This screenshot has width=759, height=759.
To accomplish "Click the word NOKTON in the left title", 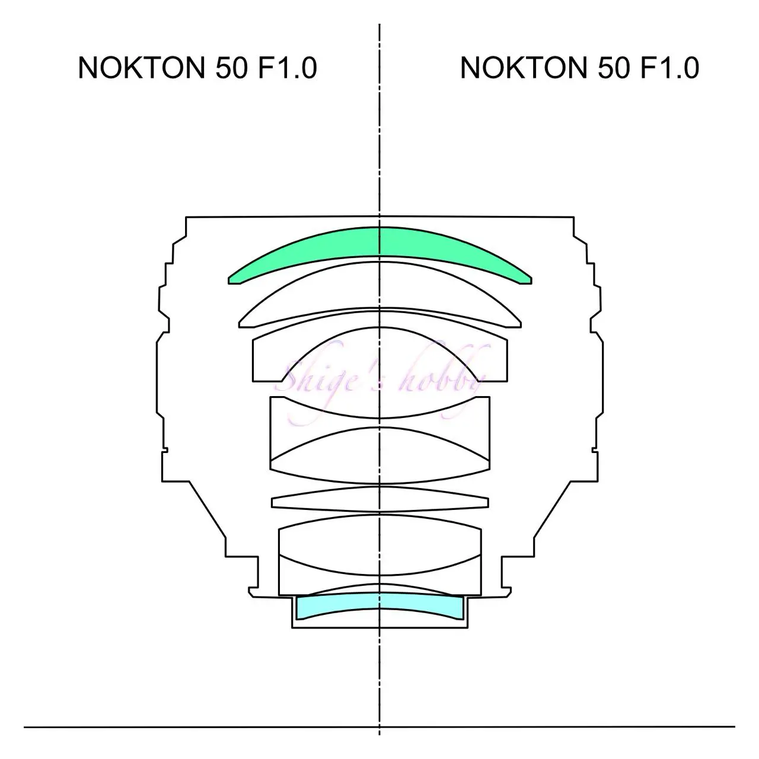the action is pyautogui.click(x=141, y=68).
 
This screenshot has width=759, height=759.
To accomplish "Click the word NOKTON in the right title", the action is pyautogui.click(x=523, y=68).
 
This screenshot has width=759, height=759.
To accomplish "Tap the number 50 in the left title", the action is pyautogui.click(x=232, y=68).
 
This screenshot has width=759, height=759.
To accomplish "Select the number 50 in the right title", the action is pyautogui.click(x=614, y=68).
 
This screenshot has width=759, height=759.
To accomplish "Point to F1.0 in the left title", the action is pyautogui.click(x=288, y=68).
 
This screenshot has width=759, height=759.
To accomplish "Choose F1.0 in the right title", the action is pyautogui.click(x=669, y=68).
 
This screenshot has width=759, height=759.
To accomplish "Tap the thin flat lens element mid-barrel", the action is pyautogui.click(x=379, y=499).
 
